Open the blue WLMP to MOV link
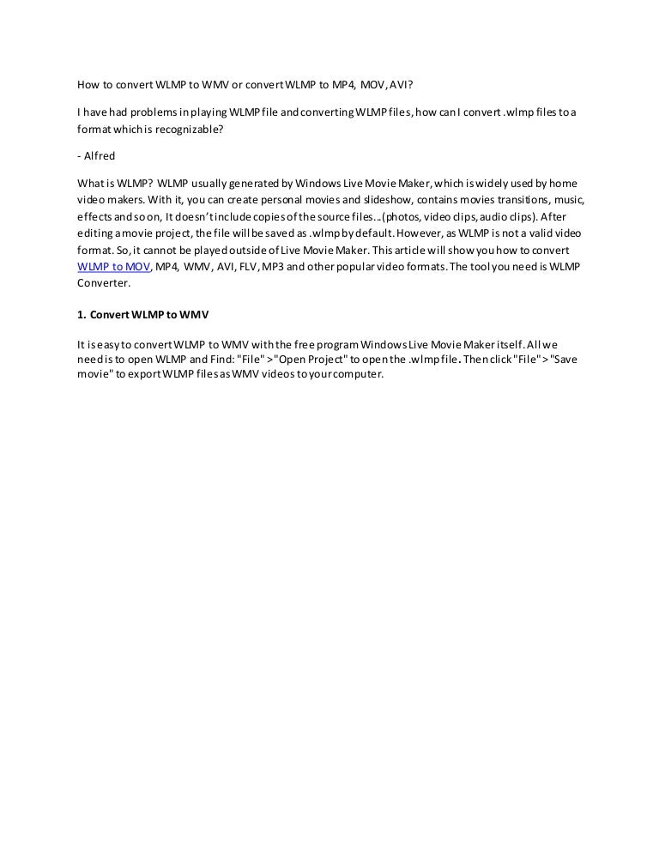[113, 267]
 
